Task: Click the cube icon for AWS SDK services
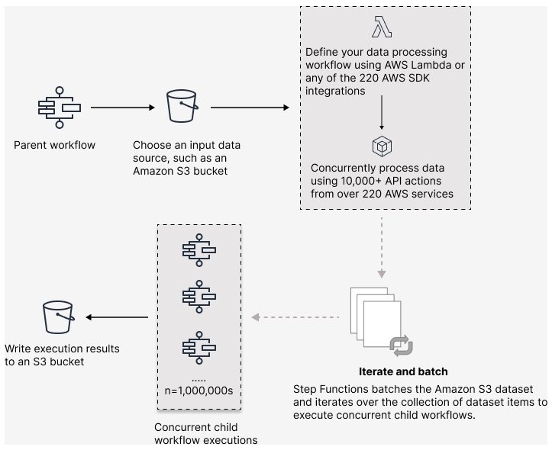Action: pyautogui.click(x=381, y=146)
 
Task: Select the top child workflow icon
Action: pyautogui.click(x=199, y=251)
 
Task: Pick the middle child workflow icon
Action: pyautogui.click(x=199, y=297)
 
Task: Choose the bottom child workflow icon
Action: pyautogui.click(x=199, y=346)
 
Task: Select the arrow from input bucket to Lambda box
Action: pyautogui.click(x=250, y=108)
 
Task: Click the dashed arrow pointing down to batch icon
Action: pyautogui.click(x=381, y=248)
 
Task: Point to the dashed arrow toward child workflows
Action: pyautogui.click(x=294, y=317)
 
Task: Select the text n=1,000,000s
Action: pyautogui.click(x=199, y=390)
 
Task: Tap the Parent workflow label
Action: pyautogui.click(x=55, y=145)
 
